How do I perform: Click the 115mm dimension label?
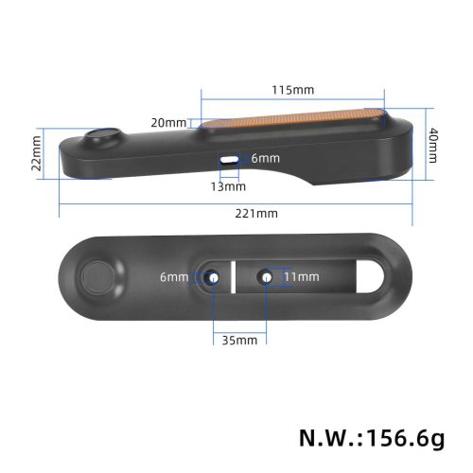pyautogui.click(x=293, y=90)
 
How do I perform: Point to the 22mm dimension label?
pyautogui.click(x=37, y=149)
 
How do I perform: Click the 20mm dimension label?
pyautogui.click(x=169, y=122)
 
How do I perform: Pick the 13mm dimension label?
pyautogui.click(x=228, y=186)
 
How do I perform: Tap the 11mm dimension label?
pyautogui.click(x=301, y=277)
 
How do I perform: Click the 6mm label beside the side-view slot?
pyautogui.click(x=264, y=159)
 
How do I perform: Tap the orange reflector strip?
pyautogui.click(x=293, y=121)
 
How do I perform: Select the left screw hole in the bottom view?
pyautogui.click(x=213, y=277)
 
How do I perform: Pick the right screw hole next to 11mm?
pyautogui.click(x=267, y=277)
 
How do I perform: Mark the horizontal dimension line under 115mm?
pyautogui.click(x=293, y=101)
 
